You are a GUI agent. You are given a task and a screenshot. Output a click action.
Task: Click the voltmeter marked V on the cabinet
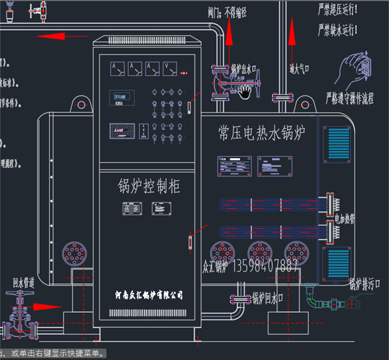[x=171, y=67]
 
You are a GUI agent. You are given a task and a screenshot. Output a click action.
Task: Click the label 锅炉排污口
[x=365, y=283]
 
